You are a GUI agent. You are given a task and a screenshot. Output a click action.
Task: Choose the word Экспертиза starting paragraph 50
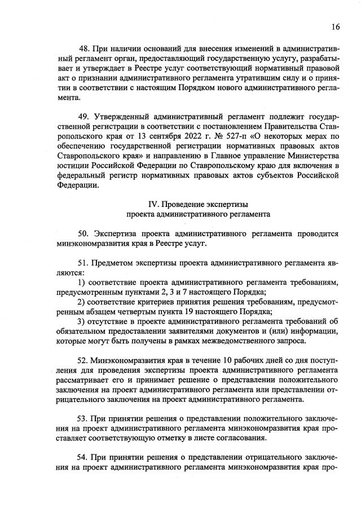114,233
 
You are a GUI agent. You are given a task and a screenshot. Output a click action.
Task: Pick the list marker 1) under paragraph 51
82,281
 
